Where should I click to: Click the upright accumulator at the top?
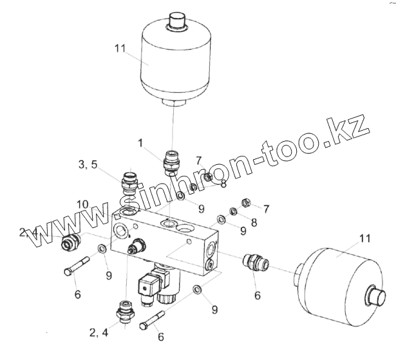174,61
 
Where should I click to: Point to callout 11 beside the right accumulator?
365,239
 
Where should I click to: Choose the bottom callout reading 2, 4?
98,333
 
